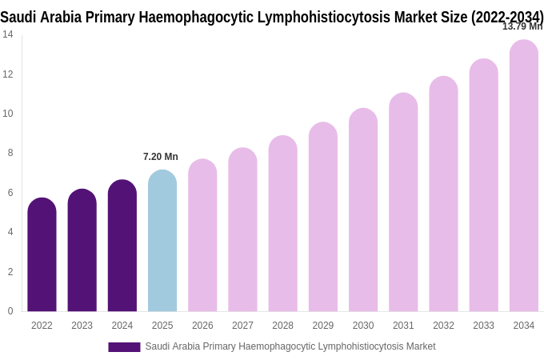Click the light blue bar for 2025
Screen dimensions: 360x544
coord(162,241)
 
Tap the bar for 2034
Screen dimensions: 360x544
coord(523,176)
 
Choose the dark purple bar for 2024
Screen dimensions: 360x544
coord(122,246)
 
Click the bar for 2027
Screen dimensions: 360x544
coord(242,230)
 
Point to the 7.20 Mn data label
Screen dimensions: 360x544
coord(161,157)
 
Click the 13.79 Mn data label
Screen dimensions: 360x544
coord(522,26)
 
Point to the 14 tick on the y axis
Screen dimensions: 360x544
coord(8,34)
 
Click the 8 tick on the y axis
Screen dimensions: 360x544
coord(10,153)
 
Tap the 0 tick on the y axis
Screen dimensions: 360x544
coord(10,311)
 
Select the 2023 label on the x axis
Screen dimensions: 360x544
coord(82,326)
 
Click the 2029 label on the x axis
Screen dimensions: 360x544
coord(322,326)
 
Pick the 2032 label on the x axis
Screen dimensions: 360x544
coord(443,326)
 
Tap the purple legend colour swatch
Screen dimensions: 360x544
coord(124,347)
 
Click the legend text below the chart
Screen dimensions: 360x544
coord(290,346)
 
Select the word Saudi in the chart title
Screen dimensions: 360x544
coord(18,17)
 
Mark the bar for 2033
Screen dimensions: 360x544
coord(483,186)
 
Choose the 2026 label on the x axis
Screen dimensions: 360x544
coord(202,326)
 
